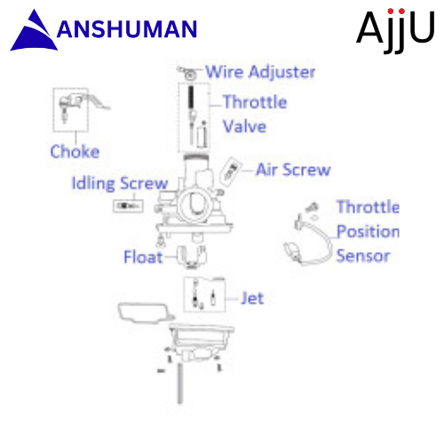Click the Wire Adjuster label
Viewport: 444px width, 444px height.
tap(260, 72)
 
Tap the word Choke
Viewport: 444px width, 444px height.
tap(75, 152)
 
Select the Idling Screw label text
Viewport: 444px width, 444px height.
tap(120, 184)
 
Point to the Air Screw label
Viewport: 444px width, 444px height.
tap(293, 170)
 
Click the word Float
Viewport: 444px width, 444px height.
tap(143, 257)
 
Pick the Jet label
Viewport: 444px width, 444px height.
tap(252, 298)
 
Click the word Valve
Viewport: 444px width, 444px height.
tap(244, 126)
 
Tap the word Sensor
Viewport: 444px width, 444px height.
tap(363, 256)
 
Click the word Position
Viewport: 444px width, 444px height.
tap(368, 231)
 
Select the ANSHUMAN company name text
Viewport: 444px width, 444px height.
tap(127, 29)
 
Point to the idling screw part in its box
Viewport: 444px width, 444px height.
tap(128, 206)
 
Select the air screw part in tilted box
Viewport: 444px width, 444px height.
tap(231, 171)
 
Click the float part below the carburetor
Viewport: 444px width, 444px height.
tap(192, 257)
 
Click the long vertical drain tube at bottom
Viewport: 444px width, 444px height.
tap(179, 383)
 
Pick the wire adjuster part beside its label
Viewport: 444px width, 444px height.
tap(187, 73)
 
